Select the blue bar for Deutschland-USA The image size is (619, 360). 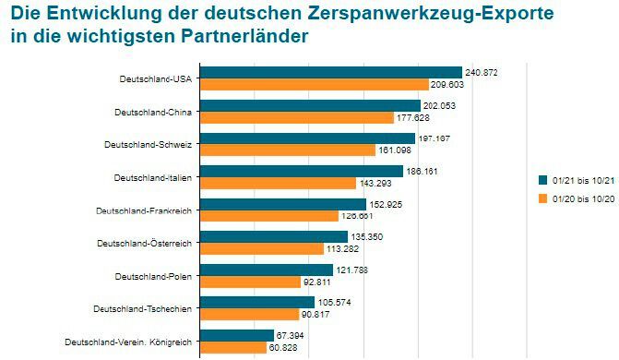click(330, 72)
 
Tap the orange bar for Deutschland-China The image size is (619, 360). click(297, 117)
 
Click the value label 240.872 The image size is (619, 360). click(482, 72)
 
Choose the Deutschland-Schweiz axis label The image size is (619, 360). click(148, 144)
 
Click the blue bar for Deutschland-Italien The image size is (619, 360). click(302, 171)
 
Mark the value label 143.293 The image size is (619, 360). click(375, 183)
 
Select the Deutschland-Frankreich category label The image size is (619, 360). click(143, 210)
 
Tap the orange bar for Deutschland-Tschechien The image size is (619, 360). click(255, 314)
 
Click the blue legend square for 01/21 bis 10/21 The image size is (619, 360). click(543, 179)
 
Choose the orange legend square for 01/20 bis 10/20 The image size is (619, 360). click(543, 198)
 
